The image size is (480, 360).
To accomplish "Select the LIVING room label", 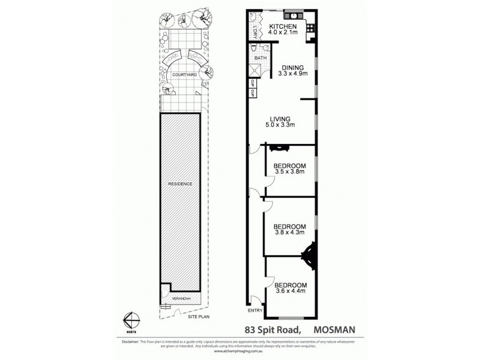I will (x=280, y=118).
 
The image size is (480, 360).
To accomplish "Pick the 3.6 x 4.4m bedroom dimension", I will (x=290, y=291).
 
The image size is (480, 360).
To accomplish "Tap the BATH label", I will (x=259, y=58).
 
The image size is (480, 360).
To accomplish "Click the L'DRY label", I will (x=256, y=31).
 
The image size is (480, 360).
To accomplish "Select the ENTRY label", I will (x=255, y=310).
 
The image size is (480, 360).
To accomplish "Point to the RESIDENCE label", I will (x=180, y=184).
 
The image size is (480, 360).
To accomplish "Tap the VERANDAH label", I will (x=181, y=298).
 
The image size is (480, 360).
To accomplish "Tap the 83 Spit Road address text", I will (x=274, y=329).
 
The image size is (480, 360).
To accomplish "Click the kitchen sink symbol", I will (x=295, y=15).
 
